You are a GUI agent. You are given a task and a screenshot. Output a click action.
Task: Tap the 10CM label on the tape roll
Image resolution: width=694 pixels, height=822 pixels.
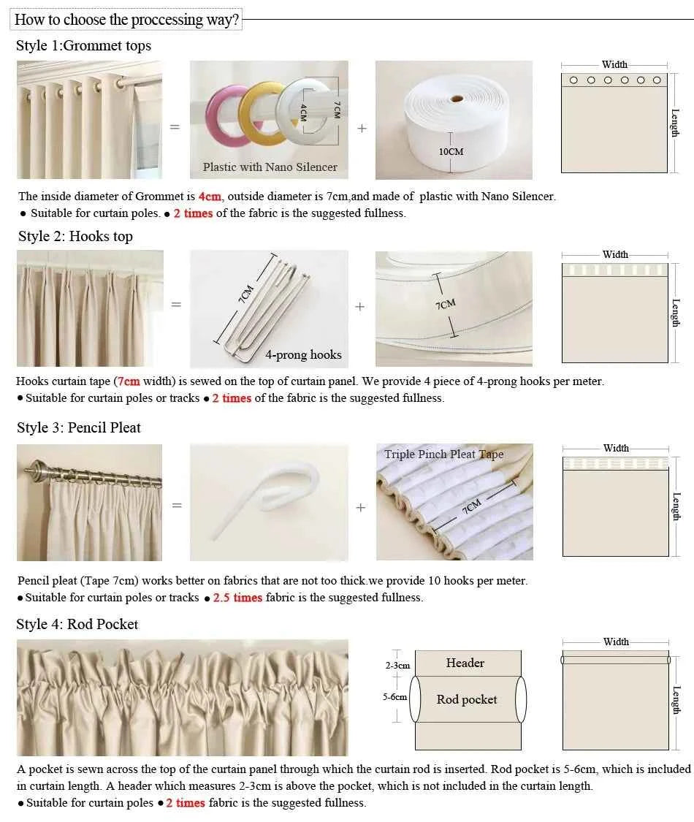[x=451, y=152]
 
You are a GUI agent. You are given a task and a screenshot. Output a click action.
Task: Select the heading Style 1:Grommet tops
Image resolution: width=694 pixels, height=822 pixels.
[x=83, y=45]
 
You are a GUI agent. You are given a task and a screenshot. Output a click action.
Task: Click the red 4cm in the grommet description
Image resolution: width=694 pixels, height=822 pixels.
[x=209, y=197]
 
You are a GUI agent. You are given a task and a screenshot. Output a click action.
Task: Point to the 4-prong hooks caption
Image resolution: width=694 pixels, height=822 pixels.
[x=303, y=355]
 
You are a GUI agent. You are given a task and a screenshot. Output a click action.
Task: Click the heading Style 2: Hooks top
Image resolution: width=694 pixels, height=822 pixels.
[x=75, y=236]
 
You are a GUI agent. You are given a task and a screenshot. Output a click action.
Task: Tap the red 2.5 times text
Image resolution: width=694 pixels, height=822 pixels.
[x=237, y=598]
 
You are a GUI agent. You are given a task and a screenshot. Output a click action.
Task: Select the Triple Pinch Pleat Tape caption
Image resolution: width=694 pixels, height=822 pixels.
[x=443, y=454]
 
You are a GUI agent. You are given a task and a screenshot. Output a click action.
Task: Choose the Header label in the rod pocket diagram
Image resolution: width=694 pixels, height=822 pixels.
[x=465, y=663]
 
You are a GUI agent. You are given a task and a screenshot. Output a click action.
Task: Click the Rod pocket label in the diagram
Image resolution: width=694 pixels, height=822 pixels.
[x=467, y=700]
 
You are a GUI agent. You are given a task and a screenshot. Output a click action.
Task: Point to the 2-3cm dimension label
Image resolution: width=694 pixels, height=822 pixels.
[x=397, y=666]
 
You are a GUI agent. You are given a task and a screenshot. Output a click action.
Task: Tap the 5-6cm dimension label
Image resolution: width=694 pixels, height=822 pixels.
[x=394, y=697]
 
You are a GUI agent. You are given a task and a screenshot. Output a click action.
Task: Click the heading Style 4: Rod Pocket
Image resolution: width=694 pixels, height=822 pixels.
[x=77, y=624]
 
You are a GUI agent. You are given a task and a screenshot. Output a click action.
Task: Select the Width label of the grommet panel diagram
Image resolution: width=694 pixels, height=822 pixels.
[x=614, y=65]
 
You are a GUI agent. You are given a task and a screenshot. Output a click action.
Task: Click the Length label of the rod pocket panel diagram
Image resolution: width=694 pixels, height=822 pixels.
[x=676, y=700]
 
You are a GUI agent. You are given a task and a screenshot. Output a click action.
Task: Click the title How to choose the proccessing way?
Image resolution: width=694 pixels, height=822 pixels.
[x=126, y=20]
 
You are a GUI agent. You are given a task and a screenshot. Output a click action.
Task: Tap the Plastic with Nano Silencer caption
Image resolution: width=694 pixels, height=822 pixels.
[x=270, y=167]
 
